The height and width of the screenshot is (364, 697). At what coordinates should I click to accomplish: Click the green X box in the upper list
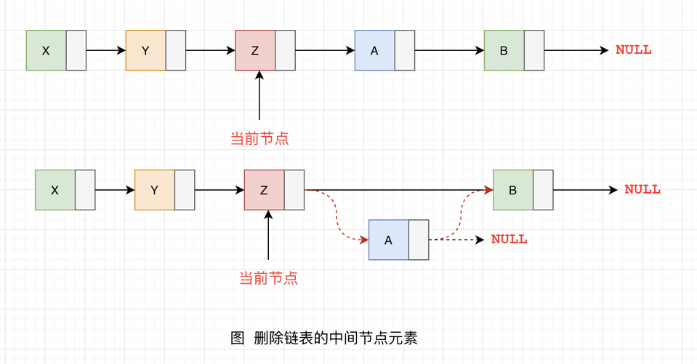pyautogui.click(x=46, y=50)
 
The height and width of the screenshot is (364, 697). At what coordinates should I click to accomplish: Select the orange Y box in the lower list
pyautogui.click(x=154, y=190)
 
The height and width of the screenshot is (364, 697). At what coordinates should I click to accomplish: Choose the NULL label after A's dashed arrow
pyautogui.click(x=509, y=240)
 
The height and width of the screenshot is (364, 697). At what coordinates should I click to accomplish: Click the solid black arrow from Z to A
pyautogui.click(x=325, y=50)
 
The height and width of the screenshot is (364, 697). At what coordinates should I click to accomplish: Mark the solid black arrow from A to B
pyautogui.click(x=449, y=50)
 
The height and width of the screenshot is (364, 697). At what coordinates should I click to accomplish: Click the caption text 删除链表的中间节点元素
pyautogui.click(x=336, y=338)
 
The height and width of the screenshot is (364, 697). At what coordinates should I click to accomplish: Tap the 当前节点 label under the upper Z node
pyautogui.click(x=259, y=138)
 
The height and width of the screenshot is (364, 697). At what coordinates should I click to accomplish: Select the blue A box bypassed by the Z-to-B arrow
pyautogui.click(x=388, y=240)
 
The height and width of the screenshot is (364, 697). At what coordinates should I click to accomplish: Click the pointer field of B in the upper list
pyautogui.click(x=534, y=50)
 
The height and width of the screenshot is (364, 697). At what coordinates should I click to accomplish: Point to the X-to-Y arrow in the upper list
pyautogui.click(x=105, y=50)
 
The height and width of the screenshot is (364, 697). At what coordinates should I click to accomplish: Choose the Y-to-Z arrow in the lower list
pyautogui.click(x=219, y=190)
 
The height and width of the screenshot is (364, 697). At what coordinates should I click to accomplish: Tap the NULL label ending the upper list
pyautogui.click(x=634, y=50)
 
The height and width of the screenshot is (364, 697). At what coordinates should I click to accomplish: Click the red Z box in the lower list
pyautogui.click(x=264, y=190)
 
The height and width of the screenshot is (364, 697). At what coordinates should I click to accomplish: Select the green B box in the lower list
pyautogui.click(x=512, y=190)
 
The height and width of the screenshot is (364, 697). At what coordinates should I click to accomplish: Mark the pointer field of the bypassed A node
pyautogui.click(x=419, y=240)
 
